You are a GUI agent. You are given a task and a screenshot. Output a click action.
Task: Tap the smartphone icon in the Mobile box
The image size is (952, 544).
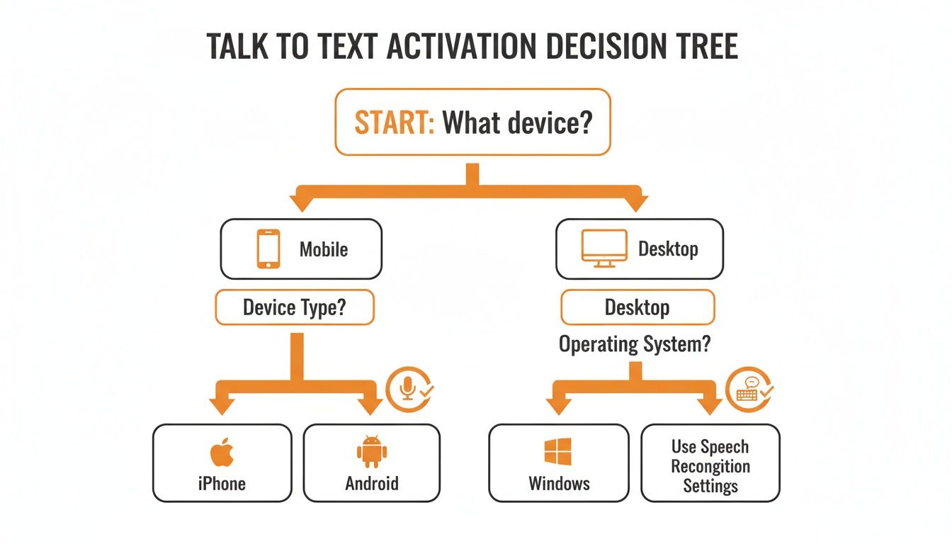(x=267, y=249)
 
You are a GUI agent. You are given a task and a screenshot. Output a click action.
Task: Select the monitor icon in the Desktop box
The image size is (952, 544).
(x=603, y=249)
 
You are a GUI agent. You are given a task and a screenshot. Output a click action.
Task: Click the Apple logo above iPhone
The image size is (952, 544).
(x=222, y=453)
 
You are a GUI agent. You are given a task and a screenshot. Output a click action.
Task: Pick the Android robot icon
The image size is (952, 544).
(x=371, y=452)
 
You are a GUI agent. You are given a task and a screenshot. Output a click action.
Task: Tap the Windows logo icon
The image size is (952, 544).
(x=558, y=452)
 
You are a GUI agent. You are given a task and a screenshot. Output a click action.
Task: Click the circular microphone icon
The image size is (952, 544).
(x=409, y=389)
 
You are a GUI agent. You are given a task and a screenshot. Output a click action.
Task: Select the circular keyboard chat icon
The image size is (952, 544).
(x=748, y=389)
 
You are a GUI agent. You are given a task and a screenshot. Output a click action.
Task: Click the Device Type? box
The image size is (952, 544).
(x=294, y=307)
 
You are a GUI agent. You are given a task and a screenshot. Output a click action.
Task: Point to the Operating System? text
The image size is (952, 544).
(x=635, y=344)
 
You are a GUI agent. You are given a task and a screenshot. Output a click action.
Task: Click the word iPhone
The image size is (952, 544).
(x=222, y=484)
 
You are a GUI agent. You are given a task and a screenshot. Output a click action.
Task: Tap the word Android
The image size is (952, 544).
(x=371, y=484)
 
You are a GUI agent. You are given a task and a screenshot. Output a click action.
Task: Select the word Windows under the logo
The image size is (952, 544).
(x=559, y=484)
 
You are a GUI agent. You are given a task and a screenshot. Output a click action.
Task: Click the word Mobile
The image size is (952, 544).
(x=324, y=249)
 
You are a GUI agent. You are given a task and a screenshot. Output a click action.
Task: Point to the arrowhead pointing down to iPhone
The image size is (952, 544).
(x=222, y=405)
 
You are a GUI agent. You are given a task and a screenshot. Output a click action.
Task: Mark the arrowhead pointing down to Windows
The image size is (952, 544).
(x=558, y=405)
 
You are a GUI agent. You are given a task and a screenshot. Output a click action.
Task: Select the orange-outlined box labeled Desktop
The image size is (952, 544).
(x=637, y=307)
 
